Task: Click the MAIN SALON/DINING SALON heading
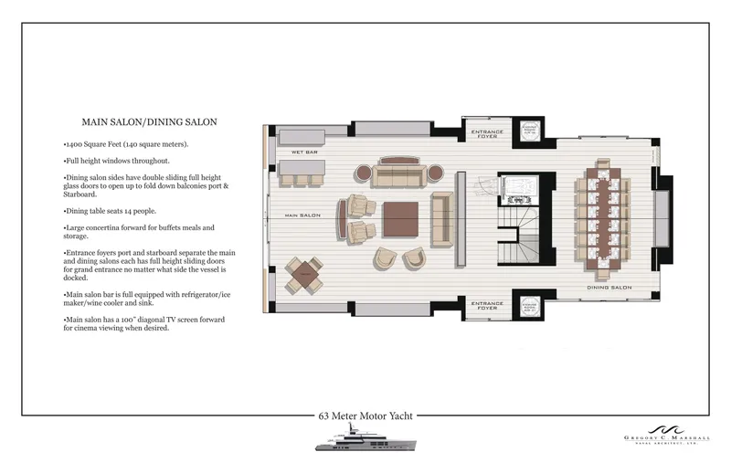pos(148,121)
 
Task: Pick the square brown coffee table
pos(399,219)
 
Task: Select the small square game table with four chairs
pos(303,274)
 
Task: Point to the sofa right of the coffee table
pos(442,219)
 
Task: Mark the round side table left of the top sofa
pos(361,172)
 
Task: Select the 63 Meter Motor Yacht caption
pos(365,415)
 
